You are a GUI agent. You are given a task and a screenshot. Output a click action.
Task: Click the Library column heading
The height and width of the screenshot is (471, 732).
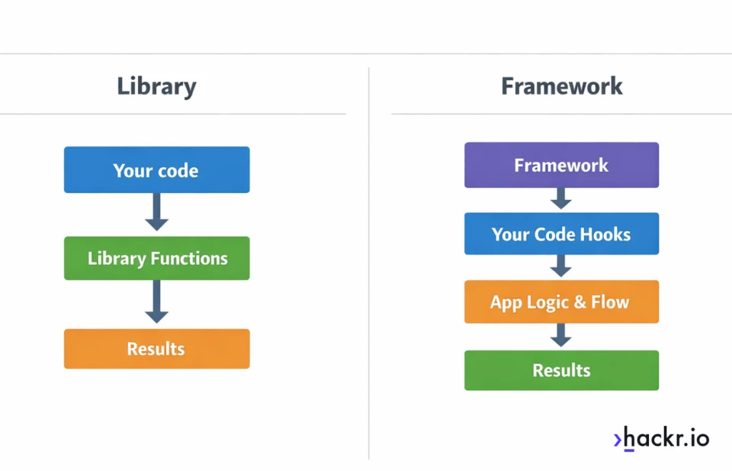coord(156,86)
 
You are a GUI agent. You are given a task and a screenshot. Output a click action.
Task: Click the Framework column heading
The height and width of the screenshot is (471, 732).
coord(562,86)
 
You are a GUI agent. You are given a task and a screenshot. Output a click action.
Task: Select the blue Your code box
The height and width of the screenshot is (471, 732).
coord(156,170)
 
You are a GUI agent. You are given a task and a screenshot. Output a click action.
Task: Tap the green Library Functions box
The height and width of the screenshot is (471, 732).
coord(156,258)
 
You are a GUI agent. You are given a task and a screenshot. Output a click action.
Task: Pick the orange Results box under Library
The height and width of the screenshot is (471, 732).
coord(156,349)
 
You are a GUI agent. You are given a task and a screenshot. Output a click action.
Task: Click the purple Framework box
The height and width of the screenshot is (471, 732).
coord(561,165)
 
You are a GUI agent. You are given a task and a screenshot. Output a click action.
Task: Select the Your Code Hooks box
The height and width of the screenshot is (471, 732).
coord(561,234)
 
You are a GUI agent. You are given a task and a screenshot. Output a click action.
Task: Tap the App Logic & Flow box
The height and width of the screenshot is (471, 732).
coord(561,302)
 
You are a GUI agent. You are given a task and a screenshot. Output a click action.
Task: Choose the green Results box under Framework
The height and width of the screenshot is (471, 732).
coord(561,370)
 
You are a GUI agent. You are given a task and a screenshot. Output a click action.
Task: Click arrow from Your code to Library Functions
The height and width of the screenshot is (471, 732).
coord(156,212)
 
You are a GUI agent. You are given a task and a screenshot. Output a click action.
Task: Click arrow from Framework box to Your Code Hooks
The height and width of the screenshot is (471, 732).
coord(561,198)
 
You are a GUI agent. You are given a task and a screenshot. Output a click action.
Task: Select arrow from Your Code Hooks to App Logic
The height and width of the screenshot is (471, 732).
coord(561,266)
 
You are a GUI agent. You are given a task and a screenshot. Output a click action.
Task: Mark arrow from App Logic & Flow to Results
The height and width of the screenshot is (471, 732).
coord(561,334)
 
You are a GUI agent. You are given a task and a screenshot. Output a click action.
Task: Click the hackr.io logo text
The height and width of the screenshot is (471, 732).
coord(666,438)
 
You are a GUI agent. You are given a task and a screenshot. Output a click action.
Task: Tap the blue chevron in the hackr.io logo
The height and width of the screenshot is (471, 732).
coord(618,439)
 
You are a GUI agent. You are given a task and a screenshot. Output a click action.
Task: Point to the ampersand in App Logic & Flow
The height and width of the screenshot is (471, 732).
coord(579,302)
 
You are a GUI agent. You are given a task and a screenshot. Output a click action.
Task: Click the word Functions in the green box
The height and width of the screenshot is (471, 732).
coord(188,258)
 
